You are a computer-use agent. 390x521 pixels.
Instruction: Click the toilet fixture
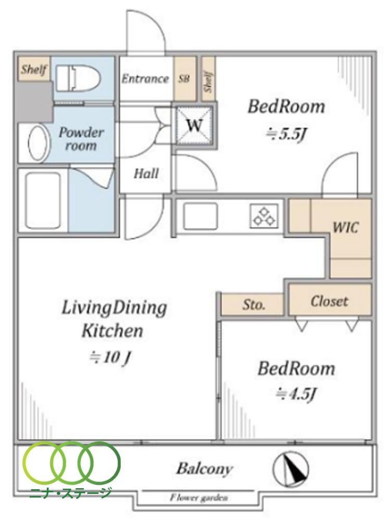click(77, 79)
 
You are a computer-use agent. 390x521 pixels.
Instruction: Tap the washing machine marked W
click(194, 125)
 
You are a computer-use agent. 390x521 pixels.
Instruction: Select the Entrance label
click(145, 79)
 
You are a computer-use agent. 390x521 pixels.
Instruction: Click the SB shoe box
click(185, 79)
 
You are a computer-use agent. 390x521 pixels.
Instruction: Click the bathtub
click(43, 201)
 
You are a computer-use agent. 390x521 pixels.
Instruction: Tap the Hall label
click(146, 173)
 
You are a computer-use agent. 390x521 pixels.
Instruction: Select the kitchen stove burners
click(264, 216)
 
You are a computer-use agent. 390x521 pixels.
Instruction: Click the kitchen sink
click(200, 216)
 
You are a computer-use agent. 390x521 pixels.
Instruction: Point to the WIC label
click(345, 228)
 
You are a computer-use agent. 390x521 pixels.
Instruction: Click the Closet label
click(329, 301)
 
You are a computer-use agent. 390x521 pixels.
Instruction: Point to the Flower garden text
click(199, 498)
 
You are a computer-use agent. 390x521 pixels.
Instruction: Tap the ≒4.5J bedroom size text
click(295, 394)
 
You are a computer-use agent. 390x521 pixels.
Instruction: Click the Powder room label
click(81, 139)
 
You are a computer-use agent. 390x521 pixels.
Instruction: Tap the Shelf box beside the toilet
click(34, 69)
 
